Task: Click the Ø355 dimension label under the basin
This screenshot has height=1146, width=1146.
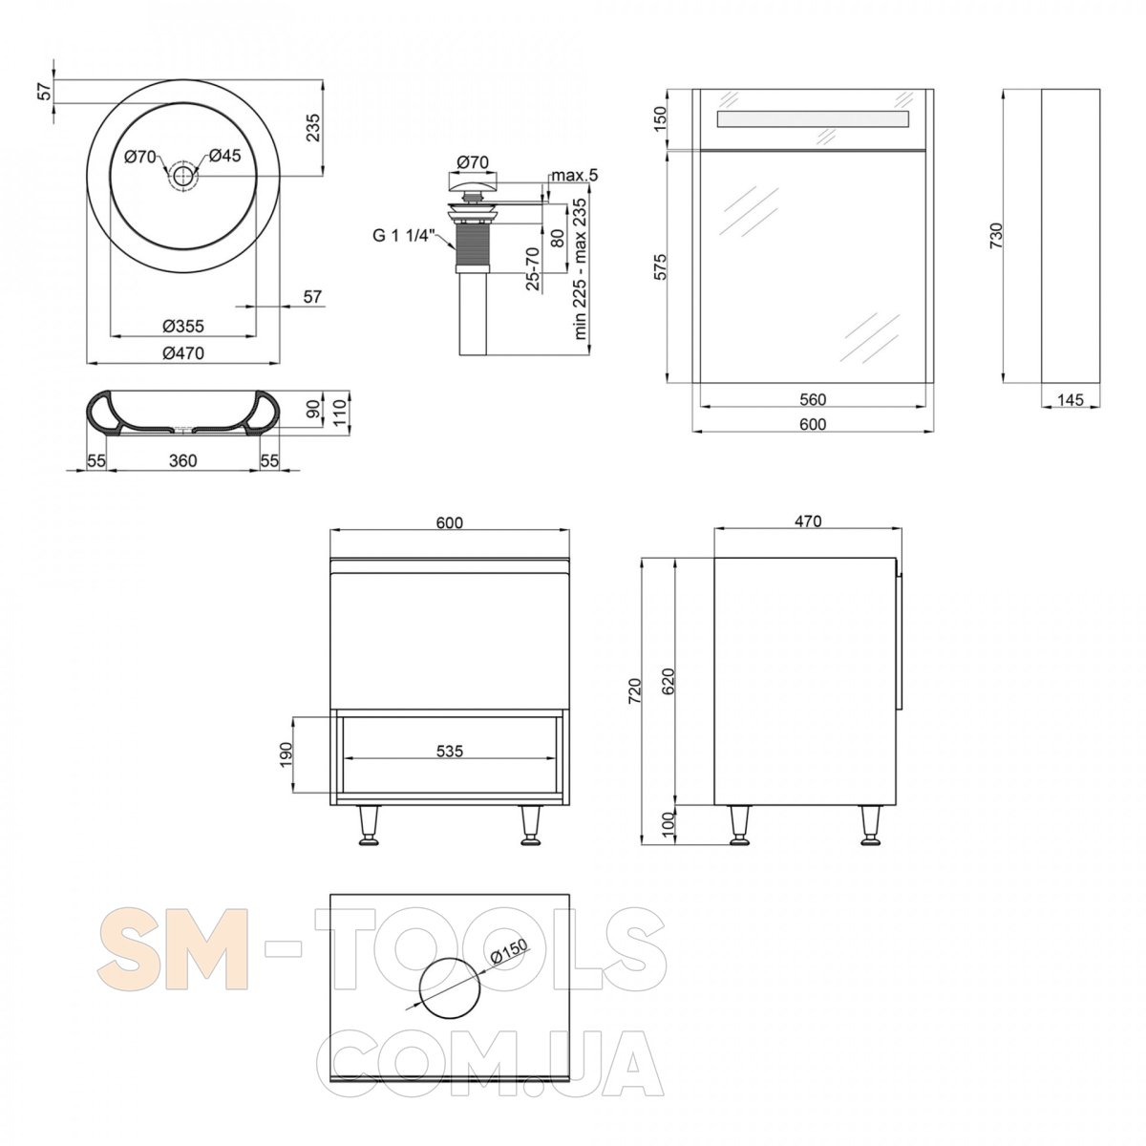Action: tap(183, 326)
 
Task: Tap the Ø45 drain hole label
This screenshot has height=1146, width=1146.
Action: tap(224, 156)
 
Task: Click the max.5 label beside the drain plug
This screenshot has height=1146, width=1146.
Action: tap(574, 176)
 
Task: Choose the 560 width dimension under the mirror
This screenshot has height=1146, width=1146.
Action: tap(813, 399)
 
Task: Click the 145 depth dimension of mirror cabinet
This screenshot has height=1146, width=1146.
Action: tap(1071, 399)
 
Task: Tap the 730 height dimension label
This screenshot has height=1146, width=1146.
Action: tap(996, 235)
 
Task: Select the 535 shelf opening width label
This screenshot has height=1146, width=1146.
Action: tap(450, 752)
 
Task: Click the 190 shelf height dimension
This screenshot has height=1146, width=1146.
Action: tap(286, 754)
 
